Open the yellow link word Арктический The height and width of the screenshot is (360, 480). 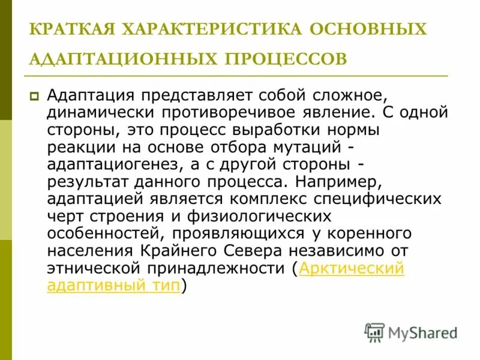(351, 269)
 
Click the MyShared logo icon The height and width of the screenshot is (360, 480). (374, 332)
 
